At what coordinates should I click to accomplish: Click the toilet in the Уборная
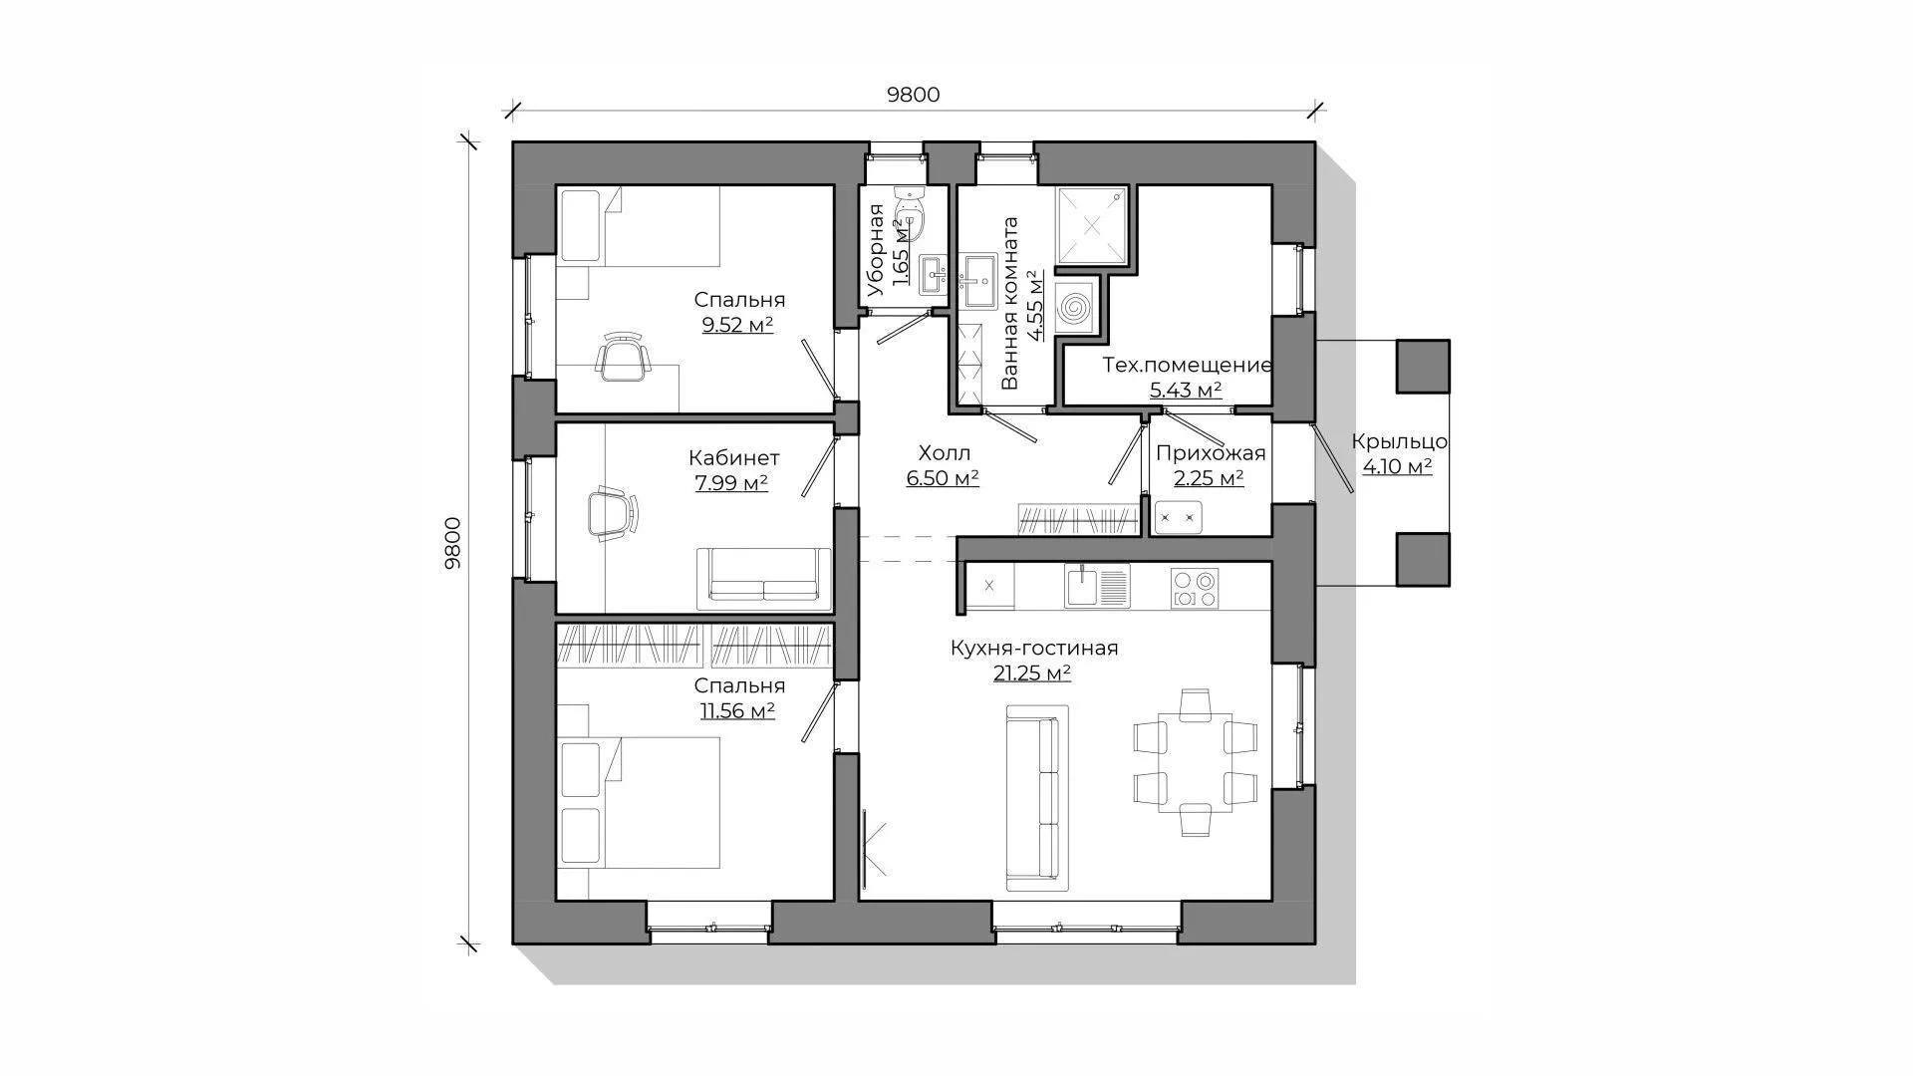click(911, 212)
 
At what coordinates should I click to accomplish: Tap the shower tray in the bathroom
click(1092, 225)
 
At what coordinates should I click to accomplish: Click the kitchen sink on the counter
click(1096, 586)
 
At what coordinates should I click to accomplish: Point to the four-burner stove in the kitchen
click(1194, 588)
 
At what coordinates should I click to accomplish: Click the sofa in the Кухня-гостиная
click(1037, 798)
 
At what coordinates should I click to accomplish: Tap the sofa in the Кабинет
click(763, 575)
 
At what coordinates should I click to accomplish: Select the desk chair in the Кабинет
click(611, 513)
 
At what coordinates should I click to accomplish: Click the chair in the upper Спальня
click(623, 357)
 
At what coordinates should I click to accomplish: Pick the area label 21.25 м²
click(1032, 673)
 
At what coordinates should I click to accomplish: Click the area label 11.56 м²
click(737, 711)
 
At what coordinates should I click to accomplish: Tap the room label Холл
click(944, 453)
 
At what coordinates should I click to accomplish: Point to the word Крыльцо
click(1399, 442)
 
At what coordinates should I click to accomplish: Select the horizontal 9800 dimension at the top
click(914, 95)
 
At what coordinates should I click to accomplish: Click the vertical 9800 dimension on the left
click(452, 543)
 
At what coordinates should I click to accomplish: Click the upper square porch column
click(1423, 366)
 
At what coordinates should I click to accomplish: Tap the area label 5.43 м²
click(1186, 391)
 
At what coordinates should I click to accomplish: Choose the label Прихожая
click(1211, 454)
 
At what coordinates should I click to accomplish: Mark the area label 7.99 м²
click(731, 483)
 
